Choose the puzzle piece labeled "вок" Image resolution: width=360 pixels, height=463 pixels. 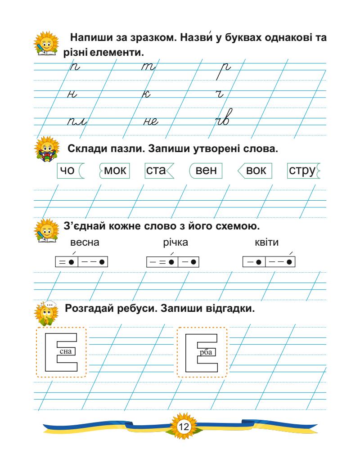[x=255, y=171]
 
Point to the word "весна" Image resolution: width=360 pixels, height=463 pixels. [x=85, y=243]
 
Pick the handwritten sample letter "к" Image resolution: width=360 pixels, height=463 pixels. [x=147, y=93]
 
